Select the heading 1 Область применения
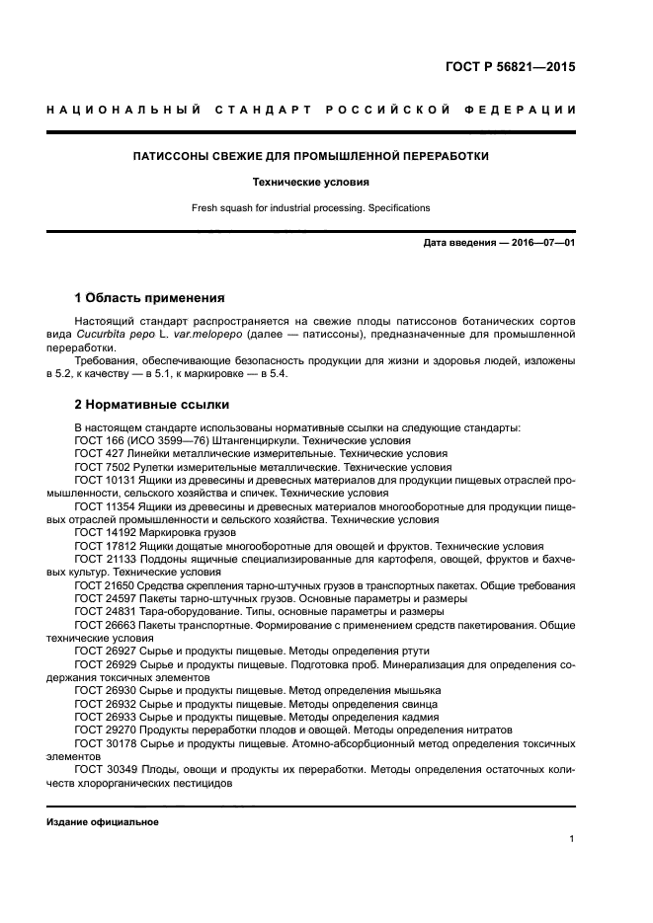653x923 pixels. pyautogui.click(x=150, y=297)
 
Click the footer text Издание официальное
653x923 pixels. pyautogui.click(x=103, y=821)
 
